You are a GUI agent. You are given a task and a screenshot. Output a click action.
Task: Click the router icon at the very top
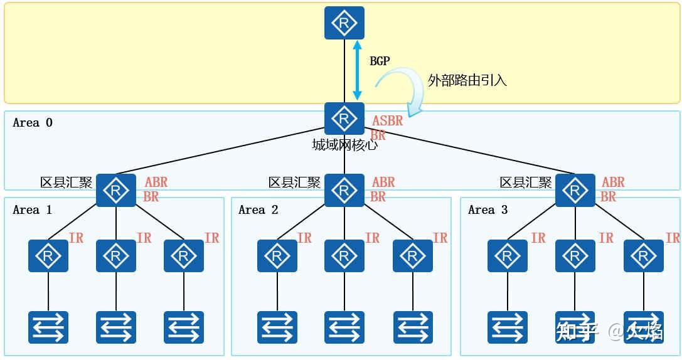[344, 23]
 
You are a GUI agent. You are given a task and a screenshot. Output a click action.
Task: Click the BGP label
[380, 61]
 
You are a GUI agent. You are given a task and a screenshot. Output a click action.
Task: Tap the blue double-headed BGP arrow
[358, 70]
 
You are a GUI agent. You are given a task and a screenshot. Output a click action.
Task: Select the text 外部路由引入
[467, 80]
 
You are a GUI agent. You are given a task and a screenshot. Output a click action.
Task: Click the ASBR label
[388, 120]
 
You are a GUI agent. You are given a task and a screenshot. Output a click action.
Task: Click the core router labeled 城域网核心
[344, 119]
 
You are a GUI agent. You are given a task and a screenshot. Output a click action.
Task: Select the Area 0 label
[33, 123]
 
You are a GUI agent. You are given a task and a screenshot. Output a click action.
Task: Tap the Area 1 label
[33, 209]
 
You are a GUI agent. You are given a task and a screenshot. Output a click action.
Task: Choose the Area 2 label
[258, 209]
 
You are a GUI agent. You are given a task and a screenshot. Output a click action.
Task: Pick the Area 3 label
[488, 209]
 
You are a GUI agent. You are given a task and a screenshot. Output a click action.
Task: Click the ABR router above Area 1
[115, 190]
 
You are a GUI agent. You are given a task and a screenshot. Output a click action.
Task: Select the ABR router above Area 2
[344, 190]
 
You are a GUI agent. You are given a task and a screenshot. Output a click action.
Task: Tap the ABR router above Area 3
[575, 190]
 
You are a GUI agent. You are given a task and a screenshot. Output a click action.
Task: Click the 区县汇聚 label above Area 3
[525, 183]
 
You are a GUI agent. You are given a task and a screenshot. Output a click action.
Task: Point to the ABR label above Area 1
[156, 183]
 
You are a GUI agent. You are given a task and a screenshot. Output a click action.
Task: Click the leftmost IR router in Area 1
[48, 256]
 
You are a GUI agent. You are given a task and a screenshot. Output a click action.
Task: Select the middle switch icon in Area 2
[344, 327]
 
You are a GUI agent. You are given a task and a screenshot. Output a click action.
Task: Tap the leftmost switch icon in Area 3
[507, 327]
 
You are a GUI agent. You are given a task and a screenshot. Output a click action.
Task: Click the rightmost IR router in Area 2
[412, 256]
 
